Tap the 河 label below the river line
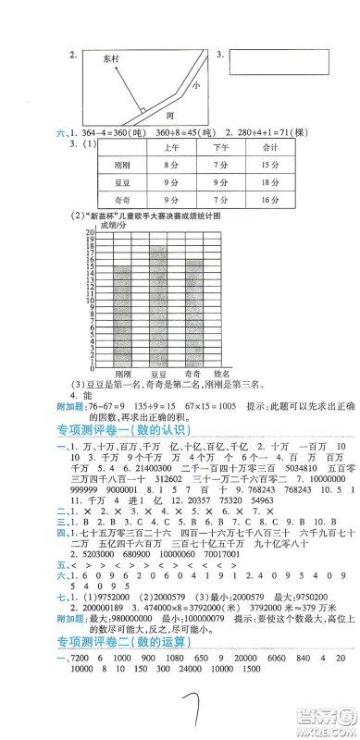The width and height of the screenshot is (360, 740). point(168,117)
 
